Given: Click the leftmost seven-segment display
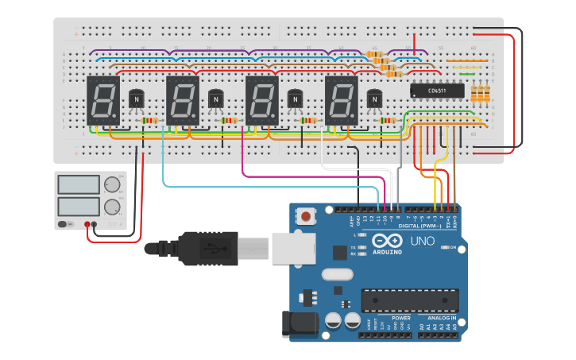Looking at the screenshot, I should click(102, 101).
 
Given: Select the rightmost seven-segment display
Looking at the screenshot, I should click(341, 101).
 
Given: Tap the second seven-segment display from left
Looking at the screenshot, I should click(182, 101).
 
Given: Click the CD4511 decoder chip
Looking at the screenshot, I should click(436, 91).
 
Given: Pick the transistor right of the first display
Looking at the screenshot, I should click(137, 99).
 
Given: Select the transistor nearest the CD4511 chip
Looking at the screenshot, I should click(374, 99).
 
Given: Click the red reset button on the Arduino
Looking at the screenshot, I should click(306, 215).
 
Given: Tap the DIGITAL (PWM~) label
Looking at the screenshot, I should click(419, 226).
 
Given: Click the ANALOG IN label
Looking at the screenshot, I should click(441, 317).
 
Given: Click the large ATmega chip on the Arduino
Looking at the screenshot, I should click(410, 301).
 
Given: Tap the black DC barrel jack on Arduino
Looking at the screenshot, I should click(300, 324).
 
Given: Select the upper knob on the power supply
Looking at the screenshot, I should click(112, 185).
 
